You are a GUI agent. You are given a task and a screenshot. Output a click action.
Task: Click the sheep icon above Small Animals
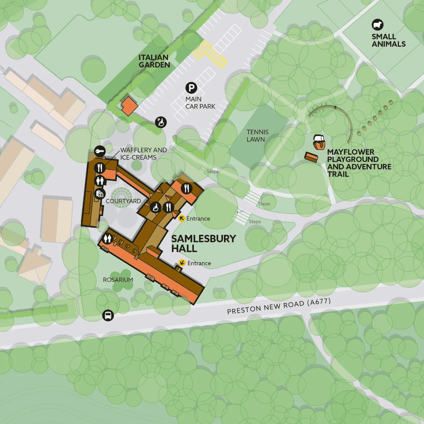tap(377, 25)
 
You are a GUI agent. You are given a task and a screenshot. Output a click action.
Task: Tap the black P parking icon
tap(191, 88)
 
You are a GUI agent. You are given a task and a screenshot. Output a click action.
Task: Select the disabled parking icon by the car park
tap(161, 122)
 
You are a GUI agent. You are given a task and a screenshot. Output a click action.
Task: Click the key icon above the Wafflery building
tap(100, 151)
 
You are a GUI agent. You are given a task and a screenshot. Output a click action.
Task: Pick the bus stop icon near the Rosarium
tap(108, 315)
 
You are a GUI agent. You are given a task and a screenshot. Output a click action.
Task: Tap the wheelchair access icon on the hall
tap(156, 208)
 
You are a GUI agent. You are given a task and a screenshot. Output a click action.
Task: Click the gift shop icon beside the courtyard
tap(100, 194)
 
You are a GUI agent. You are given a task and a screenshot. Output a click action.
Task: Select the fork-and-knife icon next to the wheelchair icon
tap(168, 207)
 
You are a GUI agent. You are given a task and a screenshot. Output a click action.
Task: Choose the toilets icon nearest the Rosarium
tap(108, 238)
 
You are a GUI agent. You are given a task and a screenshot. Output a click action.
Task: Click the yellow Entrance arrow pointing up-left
tap(182, 218)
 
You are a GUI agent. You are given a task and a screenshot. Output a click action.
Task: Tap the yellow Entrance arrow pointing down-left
tap(182, 263)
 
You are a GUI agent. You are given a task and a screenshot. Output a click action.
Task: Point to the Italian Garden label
tap(154, 61)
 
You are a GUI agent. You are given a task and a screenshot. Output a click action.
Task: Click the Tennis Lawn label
tap(257, 136)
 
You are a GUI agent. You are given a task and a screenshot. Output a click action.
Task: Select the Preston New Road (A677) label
tap(279, 306)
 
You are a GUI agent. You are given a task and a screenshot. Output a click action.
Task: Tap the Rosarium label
tap(118, 280)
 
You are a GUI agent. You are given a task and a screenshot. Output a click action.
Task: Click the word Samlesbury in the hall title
tap(203, 238)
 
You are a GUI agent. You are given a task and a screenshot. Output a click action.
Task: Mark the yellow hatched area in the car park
tap(210, 54)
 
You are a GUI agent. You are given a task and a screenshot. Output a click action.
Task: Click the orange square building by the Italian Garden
tap(129, 106)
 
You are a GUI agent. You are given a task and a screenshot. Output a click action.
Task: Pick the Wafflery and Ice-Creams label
tap(143, 154)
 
